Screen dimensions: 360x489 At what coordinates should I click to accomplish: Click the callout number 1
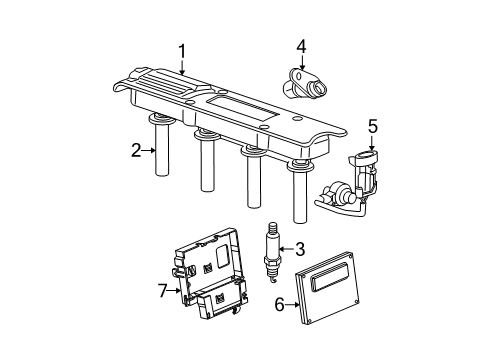(x=181, y=50)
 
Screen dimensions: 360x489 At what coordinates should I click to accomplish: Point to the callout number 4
(x=301, y=44)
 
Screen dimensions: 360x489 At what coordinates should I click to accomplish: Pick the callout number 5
(x=372, y=127)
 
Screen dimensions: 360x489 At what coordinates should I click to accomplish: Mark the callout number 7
(x=163, y=290)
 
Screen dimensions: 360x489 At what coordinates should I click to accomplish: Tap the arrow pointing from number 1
(x=182, y=67)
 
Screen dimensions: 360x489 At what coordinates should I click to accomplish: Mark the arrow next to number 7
(x=175, y=290)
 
